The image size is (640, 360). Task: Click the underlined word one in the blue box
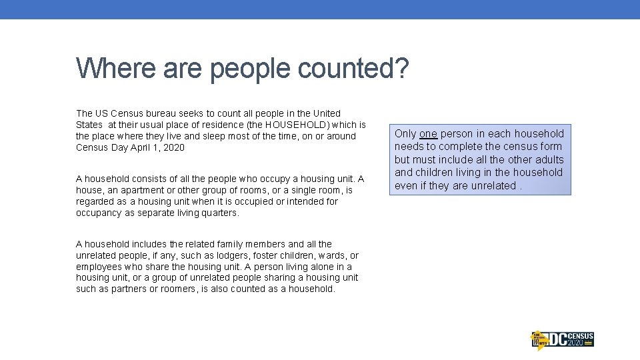pos(428,133)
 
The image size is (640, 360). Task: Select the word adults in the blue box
pos(548,159)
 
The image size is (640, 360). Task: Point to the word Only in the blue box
pos(405,133)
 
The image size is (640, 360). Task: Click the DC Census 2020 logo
pos(561,339)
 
